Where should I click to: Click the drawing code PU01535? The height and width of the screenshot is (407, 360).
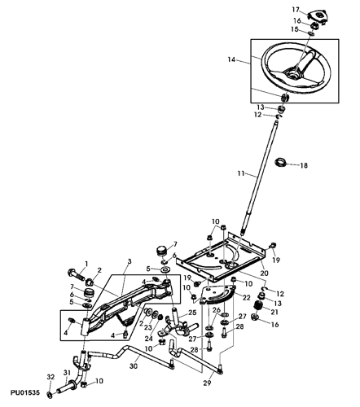[25, 392]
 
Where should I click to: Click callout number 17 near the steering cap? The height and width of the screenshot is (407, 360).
[296, 10]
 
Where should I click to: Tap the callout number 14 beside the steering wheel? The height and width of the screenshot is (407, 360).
[231, 59]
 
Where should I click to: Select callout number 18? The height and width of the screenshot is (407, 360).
[304, 165]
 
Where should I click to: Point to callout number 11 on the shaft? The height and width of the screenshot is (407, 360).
[241, 173]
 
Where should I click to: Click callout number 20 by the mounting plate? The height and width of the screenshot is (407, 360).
[265, 273]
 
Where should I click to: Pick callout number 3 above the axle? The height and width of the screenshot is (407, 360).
[130, 261]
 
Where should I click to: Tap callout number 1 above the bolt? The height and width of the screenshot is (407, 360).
[86, 264]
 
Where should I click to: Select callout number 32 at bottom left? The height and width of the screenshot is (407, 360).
[50, 377]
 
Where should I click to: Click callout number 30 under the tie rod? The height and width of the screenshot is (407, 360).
[134, 366]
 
